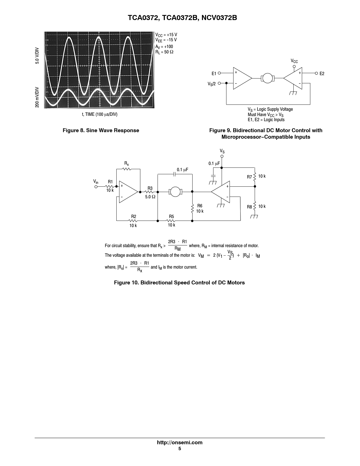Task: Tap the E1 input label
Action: (x=214, y=74)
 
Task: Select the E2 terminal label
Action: (x=322, y=74)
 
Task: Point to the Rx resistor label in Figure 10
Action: (x=127, y=164)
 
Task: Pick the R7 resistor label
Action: (x=249, y=177)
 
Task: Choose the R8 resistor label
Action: (x=249, y=207)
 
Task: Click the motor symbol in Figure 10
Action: (x=175, y=192)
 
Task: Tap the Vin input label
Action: (x=96, y=182)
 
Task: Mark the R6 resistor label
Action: (x=200, y=206)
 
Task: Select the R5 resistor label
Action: (x=171, y=217)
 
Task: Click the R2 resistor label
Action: (x=134, y=217)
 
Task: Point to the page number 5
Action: (x=180, y=449)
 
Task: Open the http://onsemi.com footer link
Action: (x=180, y=443)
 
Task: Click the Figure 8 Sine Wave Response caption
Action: (x=101, y=130)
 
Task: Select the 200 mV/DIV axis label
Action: (x=37, y=97)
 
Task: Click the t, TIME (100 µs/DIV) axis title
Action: (x=100, y=114)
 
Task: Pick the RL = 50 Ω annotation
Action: (x=164, y=52)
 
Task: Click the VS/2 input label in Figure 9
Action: (x=212, y=84)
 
